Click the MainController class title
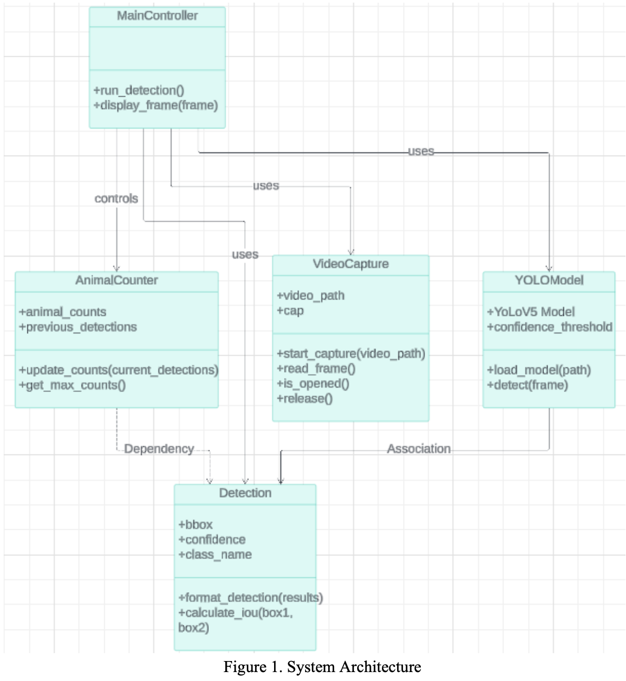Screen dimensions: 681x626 point(157,16)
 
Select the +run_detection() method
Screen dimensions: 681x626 point(139,90)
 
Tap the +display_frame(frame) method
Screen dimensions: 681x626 point(156,105)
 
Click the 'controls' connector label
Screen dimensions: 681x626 point(116,199)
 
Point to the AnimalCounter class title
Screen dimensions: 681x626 point(116,280)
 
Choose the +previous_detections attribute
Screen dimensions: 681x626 point(78,327)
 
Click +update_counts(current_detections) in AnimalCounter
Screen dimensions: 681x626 point(119,370)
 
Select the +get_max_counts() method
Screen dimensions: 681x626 point(73,385)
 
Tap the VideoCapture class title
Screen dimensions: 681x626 point(351,264)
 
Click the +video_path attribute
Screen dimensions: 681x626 point(311,295)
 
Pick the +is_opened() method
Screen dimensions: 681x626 point(313,384)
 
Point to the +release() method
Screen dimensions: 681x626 point(305,398)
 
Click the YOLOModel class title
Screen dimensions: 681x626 point(549,280)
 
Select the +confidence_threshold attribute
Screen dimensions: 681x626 point(550,327)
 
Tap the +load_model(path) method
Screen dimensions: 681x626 point(539,370)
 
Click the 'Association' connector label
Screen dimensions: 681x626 point(419,449)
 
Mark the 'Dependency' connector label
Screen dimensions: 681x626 point(159,449)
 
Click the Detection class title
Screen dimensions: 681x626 point(245,493)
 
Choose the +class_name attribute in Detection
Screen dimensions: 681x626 point(215,554)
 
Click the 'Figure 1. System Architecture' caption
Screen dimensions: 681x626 point(322,667)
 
